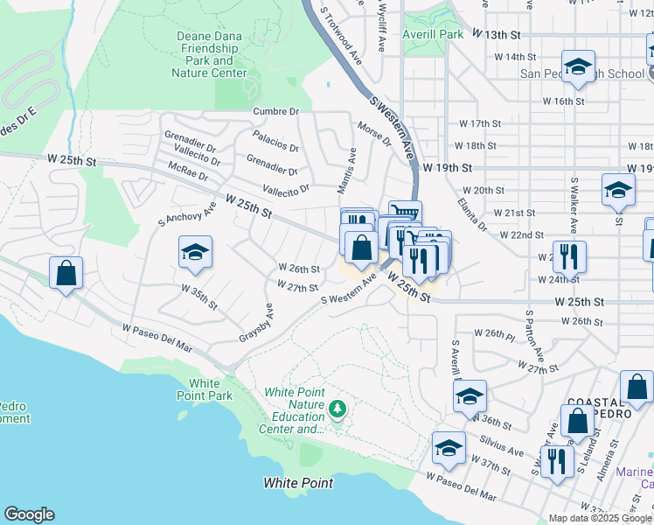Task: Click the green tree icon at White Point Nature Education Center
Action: (x=337, y=409)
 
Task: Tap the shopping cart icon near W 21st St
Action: (x=405, y=213)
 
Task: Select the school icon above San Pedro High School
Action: (x=578, y=66)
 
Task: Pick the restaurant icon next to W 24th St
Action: (x=568, y=257)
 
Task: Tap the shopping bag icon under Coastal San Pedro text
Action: (x=577, y=421)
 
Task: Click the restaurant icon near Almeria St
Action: (x=556, y=459)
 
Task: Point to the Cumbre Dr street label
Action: (x=276, y=111)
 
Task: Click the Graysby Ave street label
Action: (x=256, y=324)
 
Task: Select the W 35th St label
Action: (x=198, y=295)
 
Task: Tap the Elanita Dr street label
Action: (x=471, y=213)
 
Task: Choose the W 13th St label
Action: (x=495, y=34)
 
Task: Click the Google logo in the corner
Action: (x=29, y=514)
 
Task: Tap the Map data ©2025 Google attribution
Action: (x=599, y=518)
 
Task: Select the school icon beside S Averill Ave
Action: (x=470, y=396)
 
